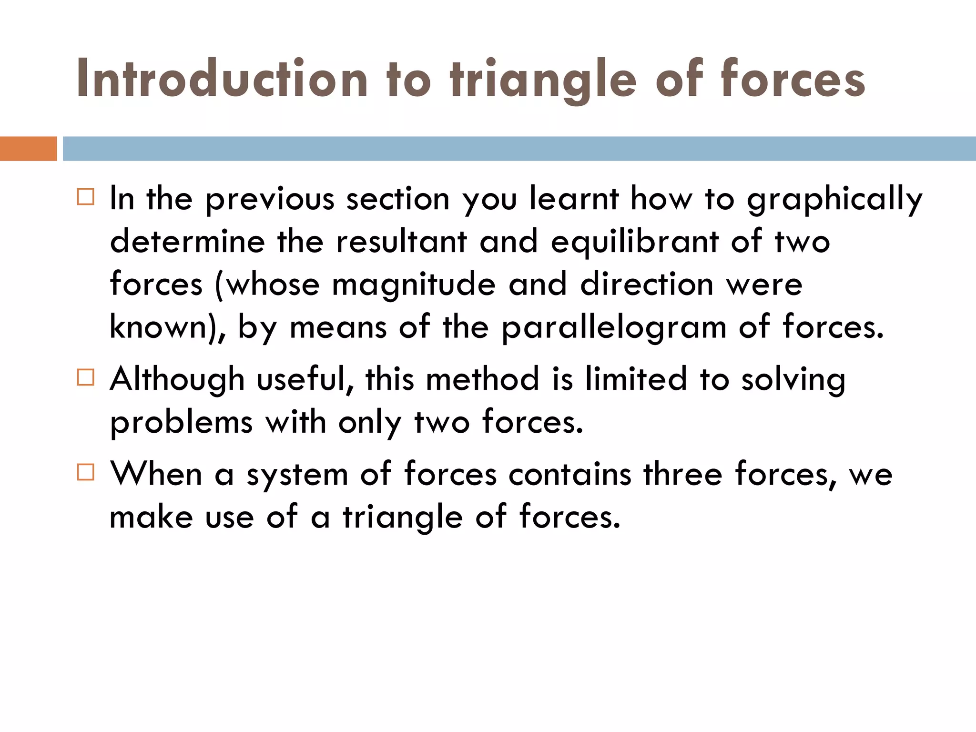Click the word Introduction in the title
pyautogui.click(x=222, y=79)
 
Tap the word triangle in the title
pyautogui.click(x=543, y=79)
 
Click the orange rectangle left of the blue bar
pyautogui.click(x=28, y=149)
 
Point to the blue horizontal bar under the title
pyautogui.click(x=519, y=149)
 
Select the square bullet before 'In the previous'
pyautogui.click(x=86, y=196)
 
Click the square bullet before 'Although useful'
pyautogui.click(x=86, y=377)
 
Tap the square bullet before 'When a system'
pyautogui.click(x=86, y=472)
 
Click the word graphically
pyautogui.click(x=834, y=199)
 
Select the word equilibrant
pyautogui.click(x=634, y=242)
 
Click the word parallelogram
pyautogui.click(x=614, y=328)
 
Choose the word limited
pyautogui.click(x=636, y=379)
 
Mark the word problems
pyautogui.click(x=181, y=423)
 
